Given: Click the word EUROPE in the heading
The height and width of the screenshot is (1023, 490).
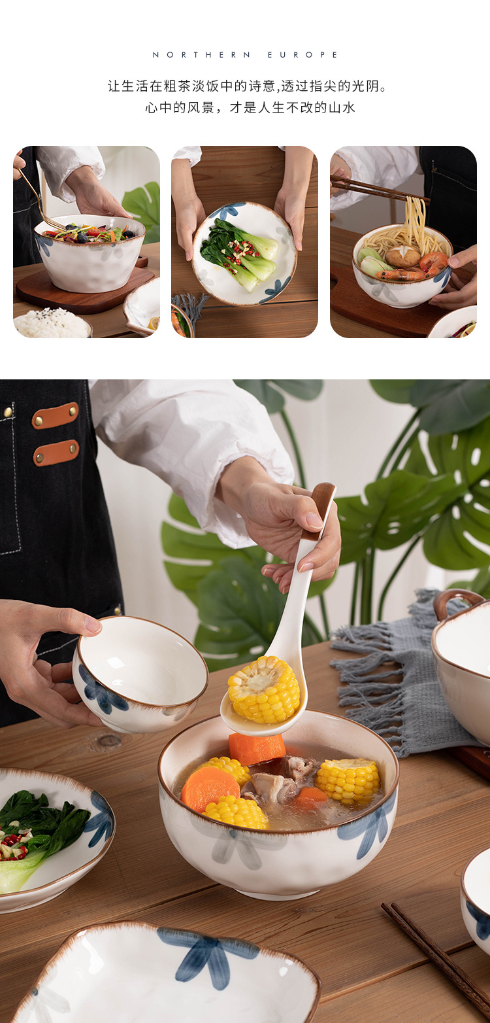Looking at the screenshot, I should pyautogui.click(x=303, y=55).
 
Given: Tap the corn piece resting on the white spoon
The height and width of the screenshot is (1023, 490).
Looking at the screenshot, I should pyautogui.click(x=264, y=689).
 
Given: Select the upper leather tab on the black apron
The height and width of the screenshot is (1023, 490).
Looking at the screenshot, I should pyautogui.click(x=56, y=415).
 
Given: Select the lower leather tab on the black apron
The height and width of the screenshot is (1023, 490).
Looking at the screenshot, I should pyautogui.click(x=56, y=453).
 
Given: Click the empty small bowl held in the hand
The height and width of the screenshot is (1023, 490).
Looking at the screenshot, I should pyautogui.click(x=140, y=674).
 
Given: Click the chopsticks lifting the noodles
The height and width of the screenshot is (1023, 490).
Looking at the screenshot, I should pyautogui.click(x=379, y=188).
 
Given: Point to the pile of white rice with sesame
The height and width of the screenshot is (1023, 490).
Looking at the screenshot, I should pyautogui.click(x=52, y=324).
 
